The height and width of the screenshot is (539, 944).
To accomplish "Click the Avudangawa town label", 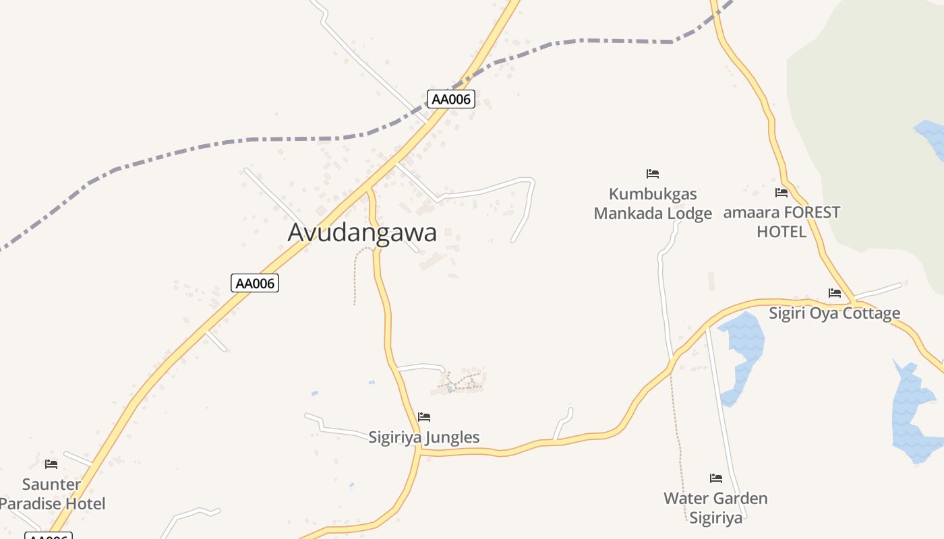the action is click(362, 232).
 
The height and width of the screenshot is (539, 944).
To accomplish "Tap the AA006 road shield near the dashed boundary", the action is click(451, 99).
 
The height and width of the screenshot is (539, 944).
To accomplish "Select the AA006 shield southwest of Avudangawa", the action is click(255, 283).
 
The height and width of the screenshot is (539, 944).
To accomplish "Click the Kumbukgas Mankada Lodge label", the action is click(653, 203).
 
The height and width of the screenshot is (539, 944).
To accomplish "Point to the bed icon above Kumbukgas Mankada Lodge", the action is click(652, 174).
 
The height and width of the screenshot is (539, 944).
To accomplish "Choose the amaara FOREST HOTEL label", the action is click(781, 222).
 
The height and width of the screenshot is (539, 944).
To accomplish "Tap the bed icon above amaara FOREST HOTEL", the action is click(781, 193).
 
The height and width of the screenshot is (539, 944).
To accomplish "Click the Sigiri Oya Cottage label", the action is click(834, 313).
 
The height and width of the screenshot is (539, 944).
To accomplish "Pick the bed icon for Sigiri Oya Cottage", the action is click(835, 292).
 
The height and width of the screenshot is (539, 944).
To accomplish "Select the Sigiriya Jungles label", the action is click(424, 437).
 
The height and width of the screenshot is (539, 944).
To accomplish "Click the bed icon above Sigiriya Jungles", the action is click(424, 417).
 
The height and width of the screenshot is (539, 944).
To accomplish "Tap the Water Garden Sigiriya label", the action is click(715, 508).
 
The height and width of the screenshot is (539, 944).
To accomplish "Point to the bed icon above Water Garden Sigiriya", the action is click(716, 478).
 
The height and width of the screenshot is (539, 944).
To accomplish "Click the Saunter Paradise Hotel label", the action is click(52, 494).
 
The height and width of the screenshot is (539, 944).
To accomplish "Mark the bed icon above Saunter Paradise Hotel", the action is click(51, 464).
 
